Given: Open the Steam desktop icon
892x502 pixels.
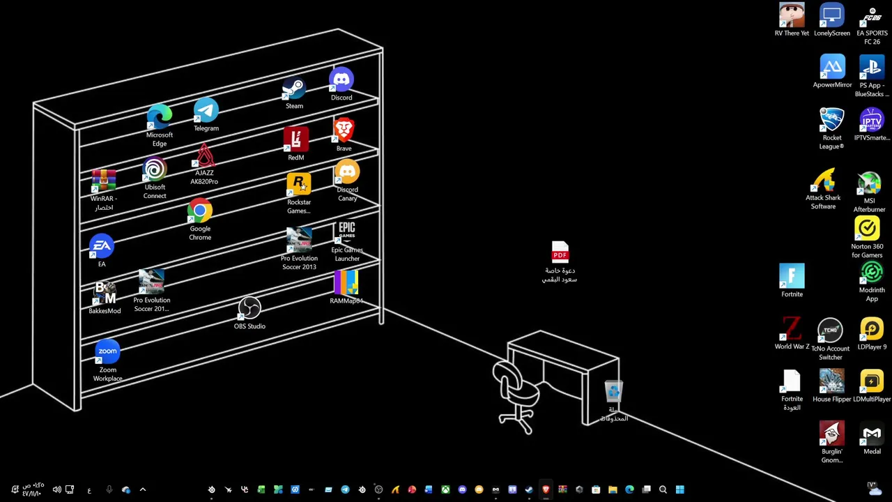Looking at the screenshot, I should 294,91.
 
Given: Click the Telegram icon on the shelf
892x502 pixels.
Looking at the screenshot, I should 206,112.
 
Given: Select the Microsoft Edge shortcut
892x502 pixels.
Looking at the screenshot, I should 160,117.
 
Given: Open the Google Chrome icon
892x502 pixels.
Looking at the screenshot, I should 200,211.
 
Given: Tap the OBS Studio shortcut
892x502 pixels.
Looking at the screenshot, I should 249,309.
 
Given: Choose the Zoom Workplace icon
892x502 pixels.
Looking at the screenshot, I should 107,352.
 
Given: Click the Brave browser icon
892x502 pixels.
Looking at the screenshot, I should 344,131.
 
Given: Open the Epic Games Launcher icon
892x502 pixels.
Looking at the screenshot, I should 347,233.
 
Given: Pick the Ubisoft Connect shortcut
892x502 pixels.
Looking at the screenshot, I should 155,170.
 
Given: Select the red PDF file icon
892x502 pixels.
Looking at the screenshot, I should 560,252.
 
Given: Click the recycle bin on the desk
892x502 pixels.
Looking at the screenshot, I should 613,392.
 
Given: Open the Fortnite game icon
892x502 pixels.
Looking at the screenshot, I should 792,276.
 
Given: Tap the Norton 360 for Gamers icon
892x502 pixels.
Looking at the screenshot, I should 867,229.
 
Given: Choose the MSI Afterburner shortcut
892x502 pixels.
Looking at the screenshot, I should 869,184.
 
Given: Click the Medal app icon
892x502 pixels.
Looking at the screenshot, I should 872,434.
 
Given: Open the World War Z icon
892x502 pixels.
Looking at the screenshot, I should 792,329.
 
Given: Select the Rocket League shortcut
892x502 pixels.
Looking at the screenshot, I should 831,120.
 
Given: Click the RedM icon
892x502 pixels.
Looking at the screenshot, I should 296,140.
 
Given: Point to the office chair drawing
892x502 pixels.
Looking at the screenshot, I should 516,394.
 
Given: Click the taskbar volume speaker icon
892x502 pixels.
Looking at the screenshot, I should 56,489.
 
